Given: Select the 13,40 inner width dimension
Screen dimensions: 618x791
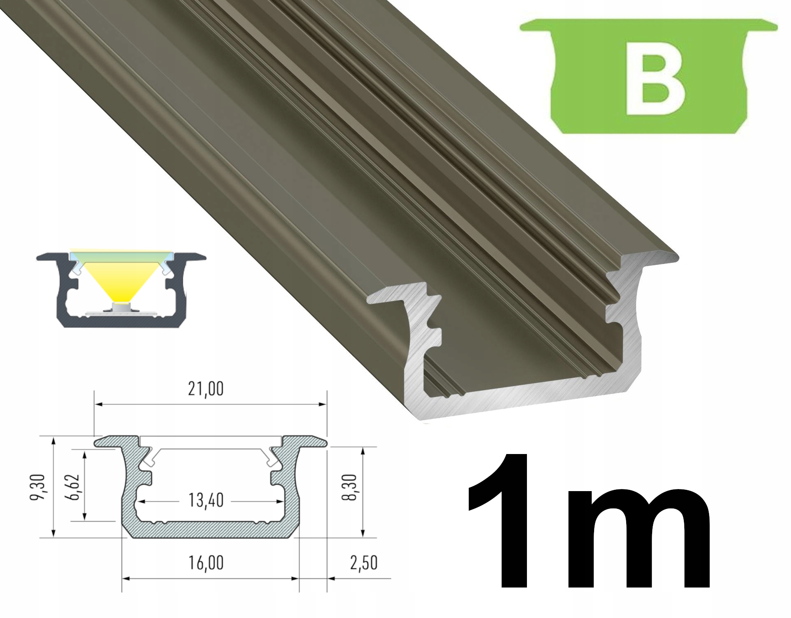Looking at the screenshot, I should click(206, 501).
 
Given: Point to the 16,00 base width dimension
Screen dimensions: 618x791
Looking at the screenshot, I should click(206, 562).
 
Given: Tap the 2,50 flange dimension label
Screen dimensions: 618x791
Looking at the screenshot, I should click(363, 563).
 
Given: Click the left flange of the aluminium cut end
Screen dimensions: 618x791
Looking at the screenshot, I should click(395, 293).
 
